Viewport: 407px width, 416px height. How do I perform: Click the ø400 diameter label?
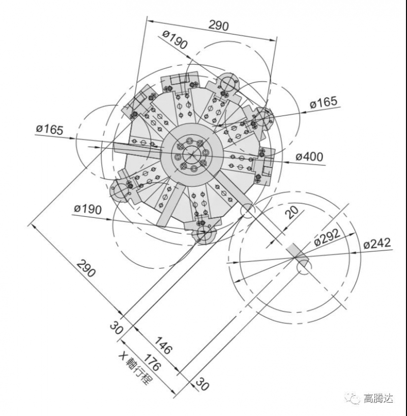point(309,156)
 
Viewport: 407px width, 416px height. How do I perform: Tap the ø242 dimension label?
point(377,243)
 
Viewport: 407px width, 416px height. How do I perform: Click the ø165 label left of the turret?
point(49,129)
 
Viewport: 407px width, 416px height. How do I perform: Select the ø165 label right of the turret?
point(324,102)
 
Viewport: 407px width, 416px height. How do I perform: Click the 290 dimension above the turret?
point(219,25)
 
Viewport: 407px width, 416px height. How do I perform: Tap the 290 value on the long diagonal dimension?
point(85,268)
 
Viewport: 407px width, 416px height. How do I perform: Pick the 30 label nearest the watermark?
point(201,385)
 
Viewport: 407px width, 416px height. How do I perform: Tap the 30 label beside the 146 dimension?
point(116,327)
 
